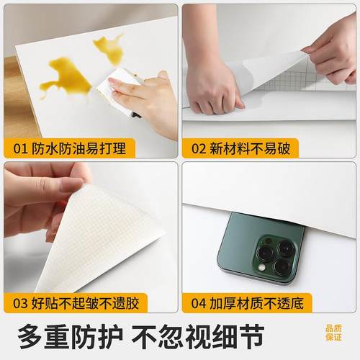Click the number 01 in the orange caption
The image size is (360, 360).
[x=18, y=148]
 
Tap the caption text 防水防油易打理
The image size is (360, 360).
[x=69, y=148]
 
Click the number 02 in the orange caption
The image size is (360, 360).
[x=197, y=148]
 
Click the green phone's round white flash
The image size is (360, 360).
[x=262, y=267]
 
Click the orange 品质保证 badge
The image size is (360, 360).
[x=333, y=332]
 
